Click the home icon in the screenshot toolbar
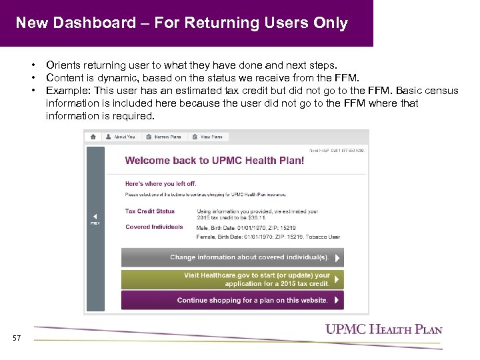tap(93, 137)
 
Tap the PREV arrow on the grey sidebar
tap(95, 218)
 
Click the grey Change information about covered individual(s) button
tap(232, 257)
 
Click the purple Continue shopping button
tap(232, 300)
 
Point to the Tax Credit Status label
tap(150, 211)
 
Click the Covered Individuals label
tap(154, 227)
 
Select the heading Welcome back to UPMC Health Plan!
tap(215, 161)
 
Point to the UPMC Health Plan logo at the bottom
tap(383, 329)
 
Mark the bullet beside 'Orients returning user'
tap(31, 65)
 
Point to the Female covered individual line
tap(268, 236)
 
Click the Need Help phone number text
tap(337, 151)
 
